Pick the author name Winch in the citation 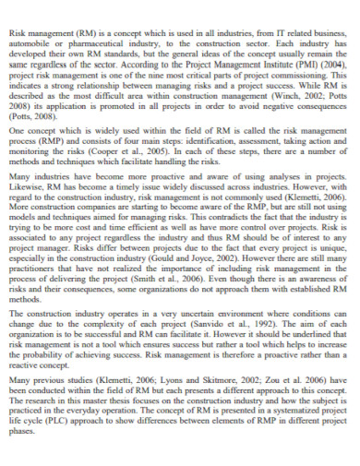(276, 101)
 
